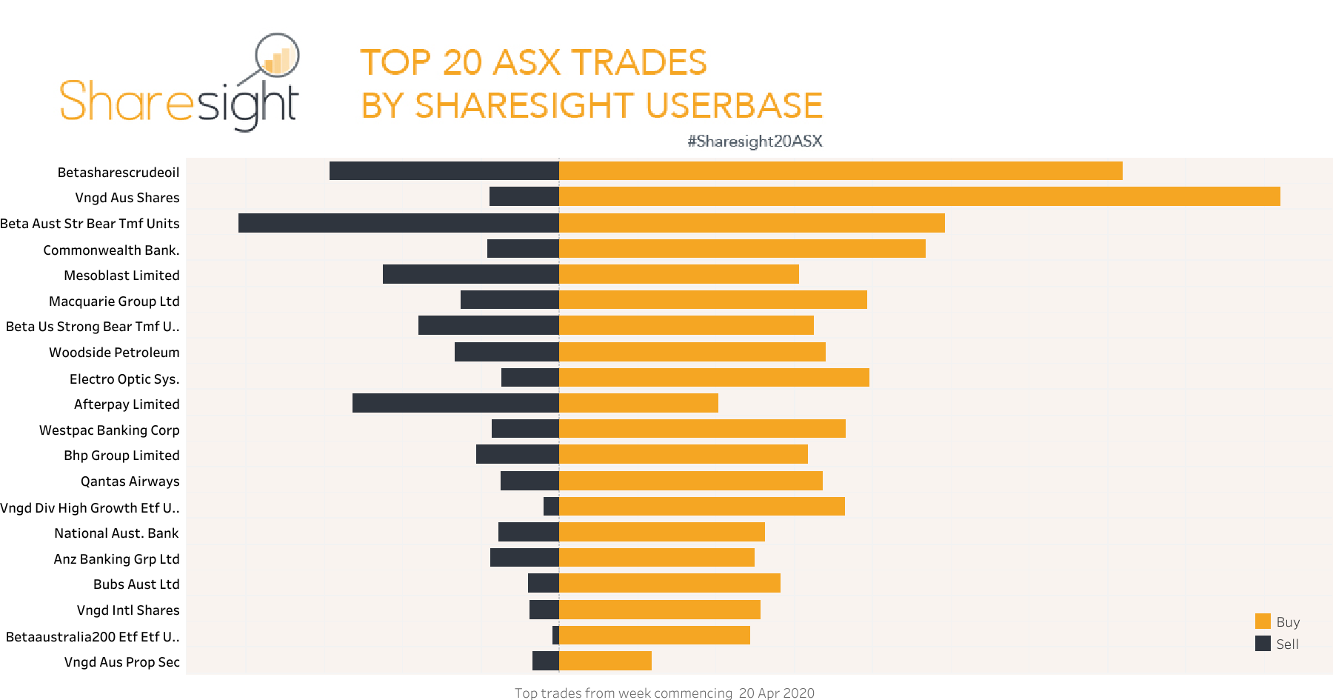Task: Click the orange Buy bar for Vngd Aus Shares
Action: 919,196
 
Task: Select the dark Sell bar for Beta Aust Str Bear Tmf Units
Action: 398,223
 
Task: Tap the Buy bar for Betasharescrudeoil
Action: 841,171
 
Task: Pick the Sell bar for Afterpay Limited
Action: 455,403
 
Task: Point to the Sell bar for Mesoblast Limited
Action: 471,274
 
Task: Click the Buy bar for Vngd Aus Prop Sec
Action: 605,661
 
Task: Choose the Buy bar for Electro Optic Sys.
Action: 714,378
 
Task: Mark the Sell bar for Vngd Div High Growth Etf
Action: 551,507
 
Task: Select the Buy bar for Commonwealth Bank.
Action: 742,249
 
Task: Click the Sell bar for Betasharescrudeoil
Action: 444,171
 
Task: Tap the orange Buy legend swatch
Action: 1263,621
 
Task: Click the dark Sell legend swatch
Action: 1263,644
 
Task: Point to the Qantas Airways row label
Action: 130,481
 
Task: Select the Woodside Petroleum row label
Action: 114,353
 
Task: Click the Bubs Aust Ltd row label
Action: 136,584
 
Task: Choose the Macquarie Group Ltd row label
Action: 114,301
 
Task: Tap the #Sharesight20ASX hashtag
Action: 755,141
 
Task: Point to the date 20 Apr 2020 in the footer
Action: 776,693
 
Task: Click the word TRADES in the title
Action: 638,62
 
